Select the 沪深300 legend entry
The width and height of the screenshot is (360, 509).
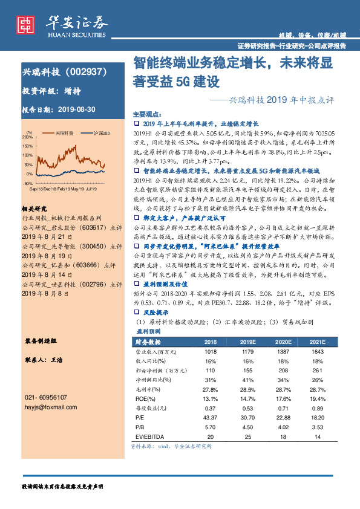click(102, 132)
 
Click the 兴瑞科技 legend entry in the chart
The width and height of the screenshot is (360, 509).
click(64, 132)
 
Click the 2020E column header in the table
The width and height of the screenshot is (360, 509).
click(283, 342)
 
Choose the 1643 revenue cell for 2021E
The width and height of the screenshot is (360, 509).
click(318, 351)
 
